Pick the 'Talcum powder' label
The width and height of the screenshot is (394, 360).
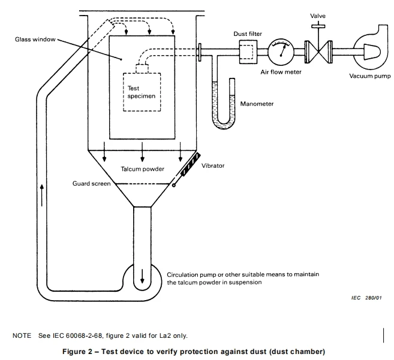pos(142,169)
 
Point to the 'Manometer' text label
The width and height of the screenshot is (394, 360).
pos(257,104)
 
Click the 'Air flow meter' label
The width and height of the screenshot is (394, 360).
pos(281,72)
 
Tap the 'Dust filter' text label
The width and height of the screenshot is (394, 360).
pos(246,34)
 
